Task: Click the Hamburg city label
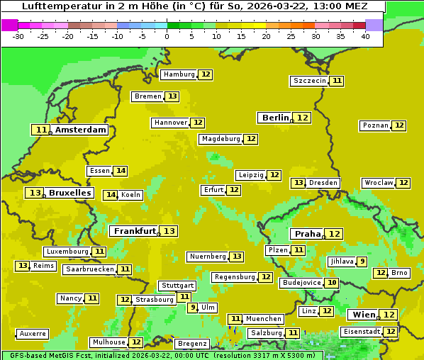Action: point(178,74)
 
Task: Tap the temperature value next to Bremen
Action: point(172,96)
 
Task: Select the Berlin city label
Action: point(275,118)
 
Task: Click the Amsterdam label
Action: point(81,130)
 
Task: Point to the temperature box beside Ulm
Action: point(192,308)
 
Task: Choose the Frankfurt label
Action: point(135,231)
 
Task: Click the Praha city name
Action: point(308,234)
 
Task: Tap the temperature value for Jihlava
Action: point(362,261)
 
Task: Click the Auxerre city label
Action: point(33,334)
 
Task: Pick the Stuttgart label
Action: point(177,286)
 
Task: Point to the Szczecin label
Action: point(310,81)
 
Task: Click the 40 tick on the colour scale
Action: point(365,36)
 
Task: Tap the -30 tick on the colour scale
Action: point(18,36)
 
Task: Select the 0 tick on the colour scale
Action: point(167,36)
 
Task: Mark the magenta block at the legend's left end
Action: point(9,25)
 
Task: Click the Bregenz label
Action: point(192,344)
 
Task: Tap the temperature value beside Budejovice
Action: point(332,283)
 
